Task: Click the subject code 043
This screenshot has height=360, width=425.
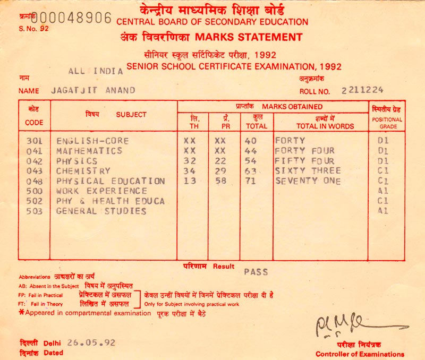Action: pyautogui.click(x=34, y=171)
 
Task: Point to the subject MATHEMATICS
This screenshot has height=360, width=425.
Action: pyautogui.click(x=89, y=151)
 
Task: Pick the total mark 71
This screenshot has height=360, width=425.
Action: pyautogui.click(x=251, y=181)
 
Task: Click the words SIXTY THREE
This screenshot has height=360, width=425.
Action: pyautogui.click(x=308, y=171)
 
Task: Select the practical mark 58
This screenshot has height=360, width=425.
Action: pyautogui.click(x=220, y=181)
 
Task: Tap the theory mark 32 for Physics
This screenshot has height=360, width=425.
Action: pyautogui.click(x=189, y=161)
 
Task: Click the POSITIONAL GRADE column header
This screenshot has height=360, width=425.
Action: pyautogui.click(x=388, y=123)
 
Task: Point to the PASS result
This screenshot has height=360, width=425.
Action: pyautogui.click(x=256, y=272)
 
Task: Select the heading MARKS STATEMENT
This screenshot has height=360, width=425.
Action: pyautogui.click(x=249, y=37)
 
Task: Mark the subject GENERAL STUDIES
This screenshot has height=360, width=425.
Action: pyautogui.click(x=101, y=211)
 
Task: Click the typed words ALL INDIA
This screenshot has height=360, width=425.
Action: pyautogui.click(x=96, y=71)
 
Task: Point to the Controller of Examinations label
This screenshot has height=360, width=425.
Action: pyautogui.click(x=360, y=354)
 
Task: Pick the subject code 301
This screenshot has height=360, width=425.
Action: pyautogui.click(x=34, y=141)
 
